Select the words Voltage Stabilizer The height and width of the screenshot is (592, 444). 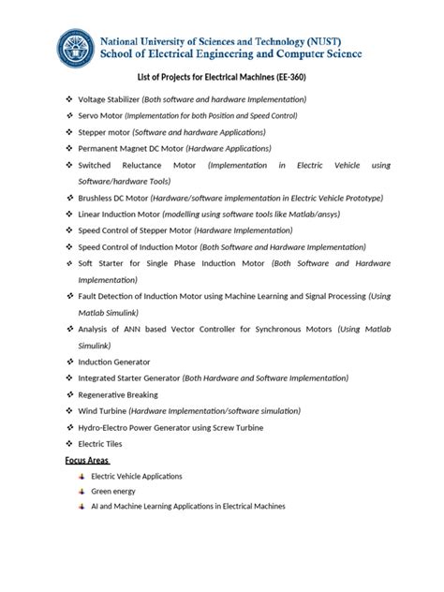(x=111, y=99)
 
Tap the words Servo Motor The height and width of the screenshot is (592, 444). (x=100, y=115)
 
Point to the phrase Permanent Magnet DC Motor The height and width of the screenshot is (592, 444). (x=130, y=148)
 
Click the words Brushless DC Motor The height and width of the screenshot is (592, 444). (x=114, y=199)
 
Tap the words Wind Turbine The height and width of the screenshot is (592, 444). (x=102, y=410)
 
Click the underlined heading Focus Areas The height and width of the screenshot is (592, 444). (x=87, y=460)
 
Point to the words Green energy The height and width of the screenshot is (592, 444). (x=113, y=491)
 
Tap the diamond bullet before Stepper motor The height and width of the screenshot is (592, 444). (x=68, y=132)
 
